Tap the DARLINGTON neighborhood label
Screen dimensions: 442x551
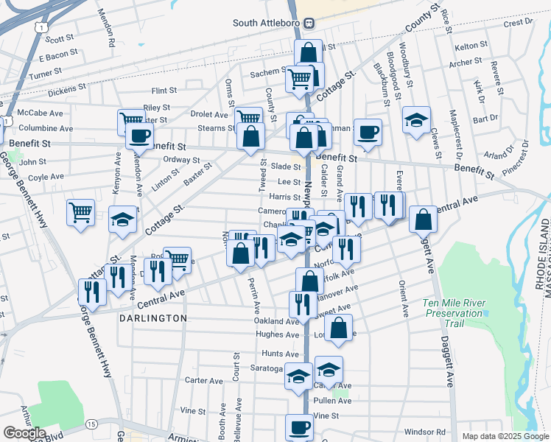[152, 318]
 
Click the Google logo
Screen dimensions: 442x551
[24, 433]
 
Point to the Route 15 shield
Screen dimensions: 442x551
[91, 424]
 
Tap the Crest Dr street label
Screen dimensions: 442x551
[518, 23]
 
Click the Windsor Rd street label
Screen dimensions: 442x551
[426, 432]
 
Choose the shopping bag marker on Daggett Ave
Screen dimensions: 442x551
[423, 219]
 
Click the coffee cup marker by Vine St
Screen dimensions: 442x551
[300, 427]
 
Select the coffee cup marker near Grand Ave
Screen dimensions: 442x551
[368, 132]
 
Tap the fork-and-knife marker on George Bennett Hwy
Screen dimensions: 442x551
[92, 292]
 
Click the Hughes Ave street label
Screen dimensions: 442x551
[276, 334]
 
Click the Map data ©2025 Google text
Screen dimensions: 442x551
[505, 436]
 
